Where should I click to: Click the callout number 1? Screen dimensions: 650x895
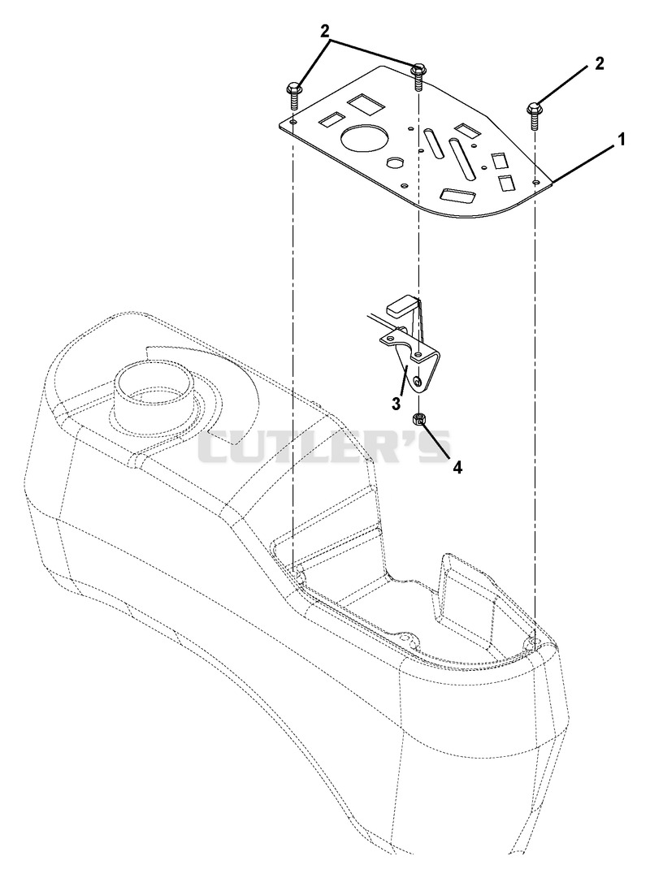pos(620,139)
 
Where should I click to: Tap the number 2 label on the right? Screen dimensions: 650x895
pos(599,63)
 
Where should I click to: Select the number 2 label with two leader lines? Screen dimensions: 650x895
pos(326,32)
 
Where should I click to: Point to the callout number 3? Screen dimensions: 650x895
pos(395,403)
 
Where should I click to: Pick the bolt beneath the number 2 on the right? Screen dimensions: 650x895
pos(535,116)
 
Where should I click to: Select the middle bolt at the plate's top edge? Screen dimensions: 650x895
pos(418,75)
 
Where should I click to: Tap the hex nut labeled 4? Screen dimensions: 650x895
pos(418,421)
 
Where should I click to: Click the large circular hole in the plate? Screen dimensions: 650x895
pos(365,137)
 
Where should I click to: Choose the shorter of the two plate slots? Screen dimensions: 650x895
pos(433,142)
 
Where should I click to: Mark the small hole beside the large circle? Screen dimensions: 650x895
pos(393,162)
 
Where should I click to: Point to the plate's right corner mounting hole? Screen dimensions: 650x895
pos(535,181)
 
